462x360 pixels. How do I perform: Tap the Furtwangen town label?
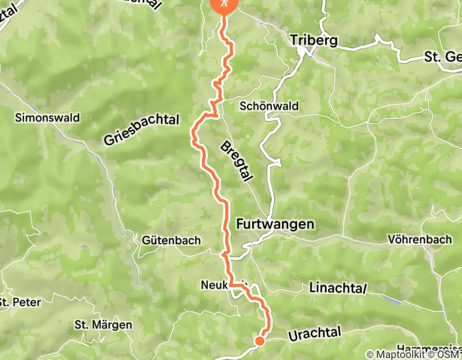coord(275,224)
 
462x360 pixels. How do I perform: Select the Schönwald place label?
coord(269,106)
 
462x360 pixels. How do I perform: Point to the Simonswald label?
coord(47,117)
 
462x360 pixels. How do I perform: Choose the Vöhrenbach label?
coord(420,239)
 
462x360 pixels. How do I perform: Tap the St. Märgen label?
coord(103,325)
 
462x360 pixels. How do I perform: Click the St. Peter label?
coord(20,301)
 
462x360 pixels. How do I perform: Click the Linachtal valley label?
coord(337,289)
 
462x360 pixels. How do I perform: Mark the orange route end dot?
coord(260,340)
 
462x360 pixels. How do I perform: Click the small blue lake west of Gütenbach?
coord(83,247)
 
